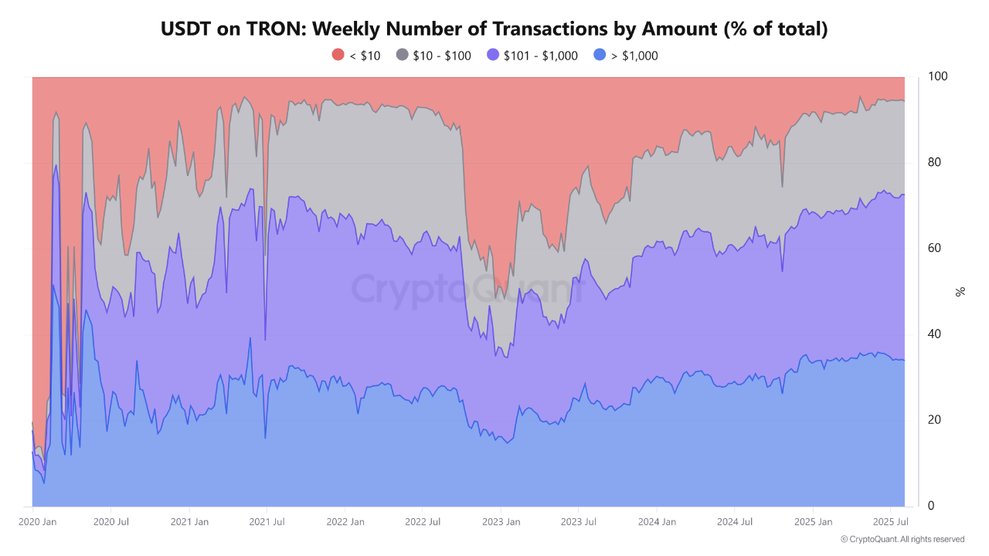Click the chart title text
pos(494,29)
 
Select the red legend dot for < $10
pos(338,55)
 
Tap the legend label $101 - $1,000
pos(540,56)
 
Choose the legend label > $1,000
pos(634,56)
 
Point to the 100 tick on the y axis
pos(937,76)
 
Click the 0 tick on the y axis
pos(931,506)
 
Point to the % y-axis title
pos(960,291)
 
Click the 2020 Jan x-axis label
pos(37,522)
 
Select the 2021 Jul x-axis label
pos(267,522)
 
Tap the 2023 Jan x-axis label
pos(501,522)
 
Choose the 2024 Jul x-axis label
pos(735,522)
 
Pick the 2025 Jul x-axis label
pos(891,522)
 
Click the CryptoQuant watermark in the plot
pos(467,290)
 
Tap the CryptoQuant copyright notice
pos(902,539)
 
